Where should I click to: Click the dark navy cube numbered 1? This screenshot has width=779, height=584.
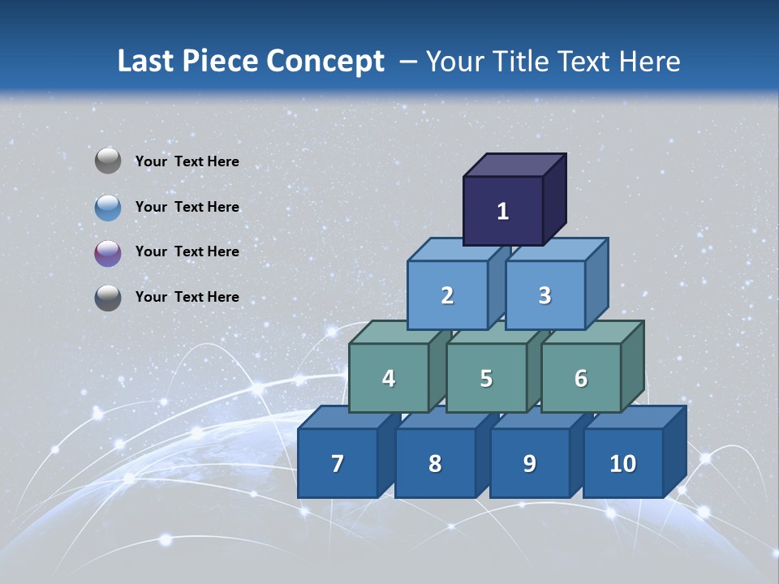[503, 211]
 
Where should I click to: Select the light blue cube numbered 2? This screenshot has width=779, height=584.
[447, 295]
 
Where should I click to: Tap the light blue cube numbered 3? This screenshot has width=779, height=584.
[544, 295]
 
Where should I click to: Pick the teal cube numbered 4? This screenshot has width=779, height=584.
[389, 378]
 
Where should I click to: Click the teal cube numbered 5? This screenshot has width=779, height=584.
[486, 378]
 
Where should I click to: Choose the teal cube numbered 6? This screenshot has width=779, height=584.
[581, 378]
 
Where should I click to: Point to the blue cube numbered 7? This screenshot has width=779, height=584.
[338, 463]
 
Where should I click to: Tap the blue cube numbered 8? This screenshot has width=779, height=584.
[435, 463]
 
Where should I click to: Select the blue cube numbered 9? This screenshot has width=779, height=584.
[530, 463]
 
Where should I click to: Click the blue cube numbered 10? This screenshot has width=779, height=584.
[623, 463]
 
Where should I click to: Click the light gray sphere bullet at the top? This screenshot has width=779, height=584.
[108, 161]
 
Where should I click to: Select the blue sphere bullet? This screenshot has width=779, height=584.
[108, 207]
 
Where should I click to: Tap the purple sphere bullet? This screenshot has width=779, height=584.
[108, 252]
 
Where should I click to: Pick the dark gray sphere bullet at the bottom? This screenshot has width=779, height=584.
[108, 297]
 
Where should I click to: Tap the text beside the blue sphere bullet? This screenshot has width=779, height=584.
[187, 207]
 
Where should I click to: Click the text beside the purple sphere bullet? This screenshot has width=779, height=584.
[187, 251]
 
